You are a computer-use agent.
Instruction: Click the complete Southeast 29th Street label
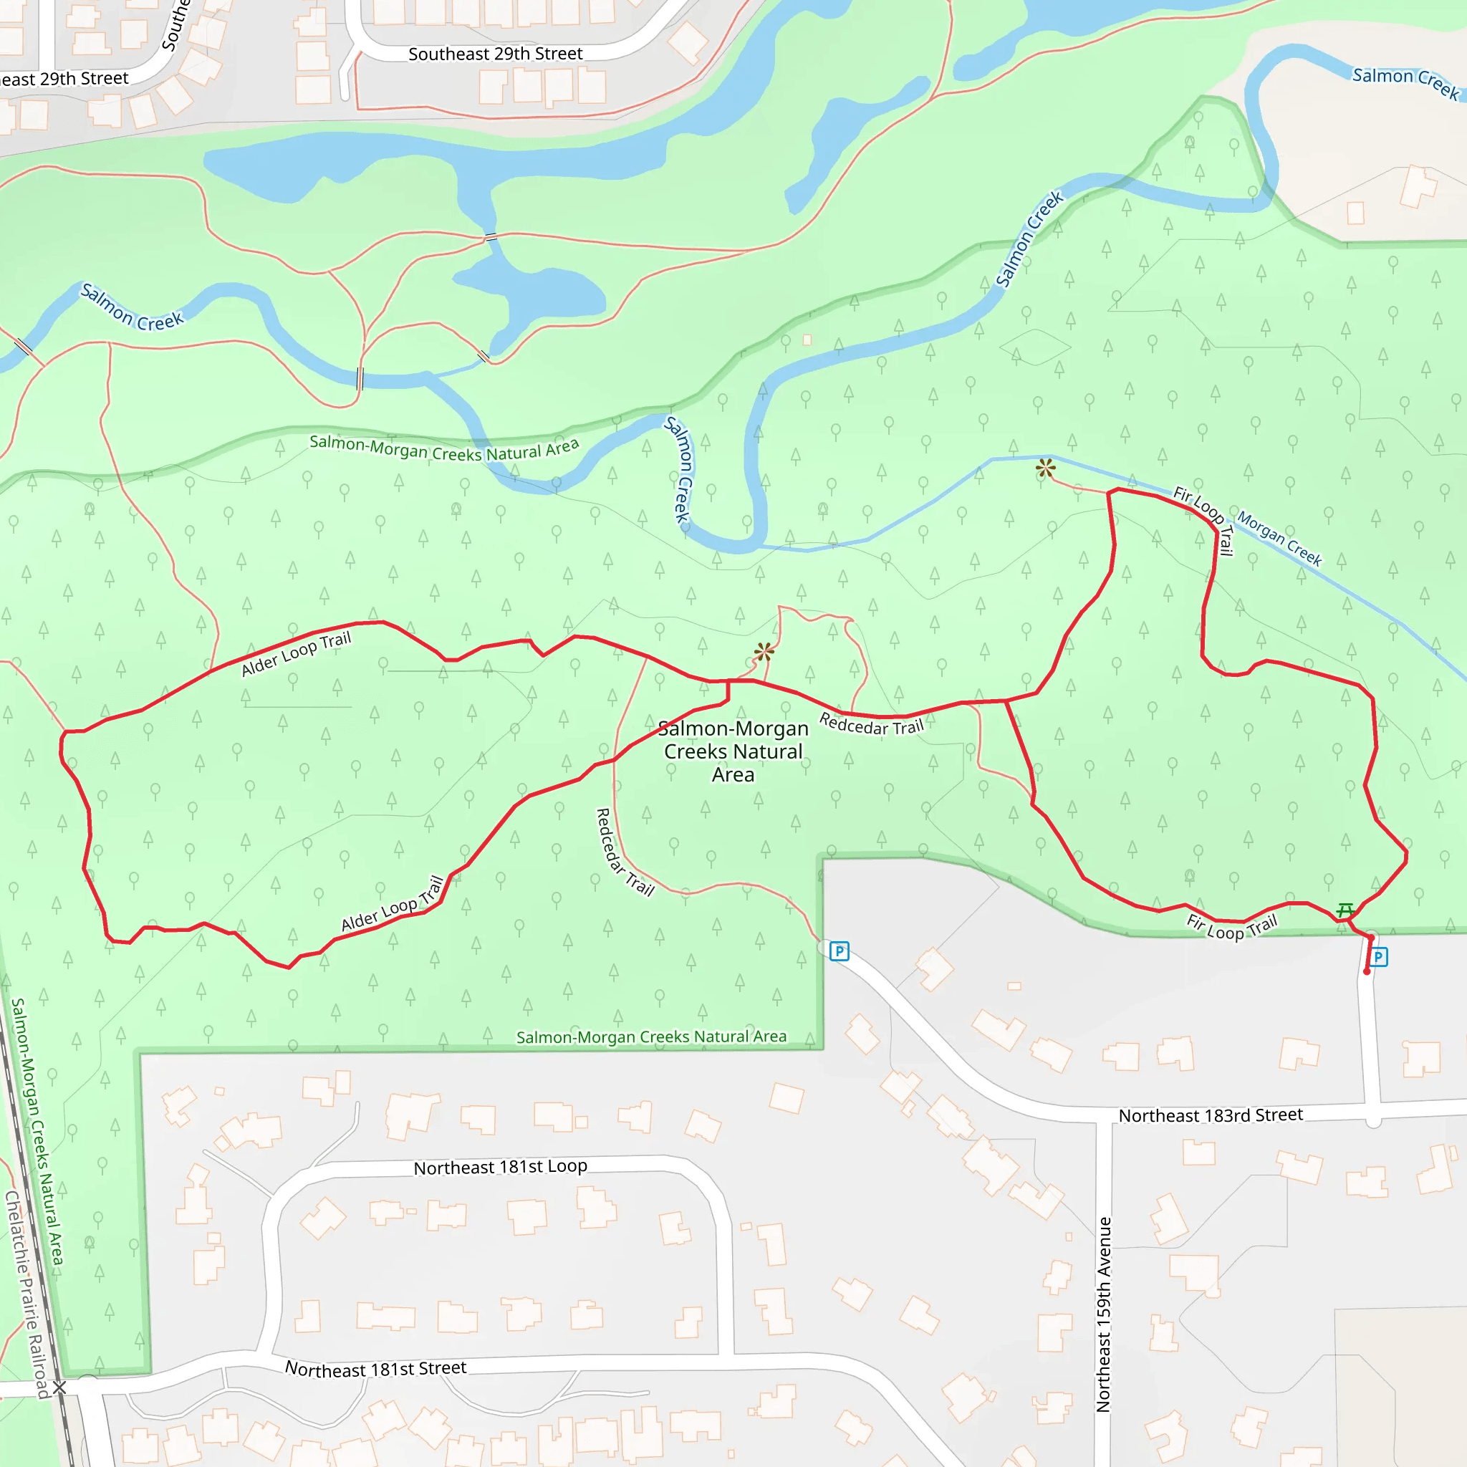click(x=495, y=54)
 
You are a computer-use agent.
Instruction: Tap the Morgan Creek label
click(x=1279, y=539)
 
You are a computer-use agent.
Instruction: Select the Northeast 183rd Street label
click(x=1211, y=1115)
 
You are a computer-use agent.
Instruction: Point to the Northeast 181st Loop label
click(x=501, y=1167)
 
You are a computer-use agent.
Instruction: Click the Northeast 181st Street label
click(x=375, y=1368)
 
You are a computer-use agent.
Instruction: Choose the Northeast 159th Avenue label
click(x=1103, y=1314)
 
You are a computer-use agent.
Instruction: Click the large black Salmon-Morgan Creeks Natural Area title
click(x=733, y=751)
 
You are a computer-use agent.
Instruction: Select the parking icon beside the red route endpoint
click(x=1378, y=957)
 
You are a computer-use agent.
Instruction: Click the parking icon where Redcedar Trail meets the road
click(x=839, y=951)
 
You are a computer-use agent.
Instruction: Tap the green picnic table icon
click(x=1345, y=909)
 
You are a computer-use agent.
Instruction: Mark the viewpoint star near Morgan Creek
click(x=1046, y=468)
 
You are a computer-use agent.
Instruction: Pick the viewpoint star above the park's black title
click(x=764, y=650)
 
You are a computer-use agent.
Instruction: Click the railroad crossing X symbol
click(x=59, y=1387)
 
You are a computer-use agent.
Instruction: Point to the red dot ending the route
click(x=1367, y=972)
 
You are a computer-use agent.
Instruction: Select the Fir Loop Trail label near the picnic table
click(x=1232, y=927)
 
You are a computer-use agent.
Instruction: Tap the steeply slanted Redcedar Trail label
click(x=625, y=852)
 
